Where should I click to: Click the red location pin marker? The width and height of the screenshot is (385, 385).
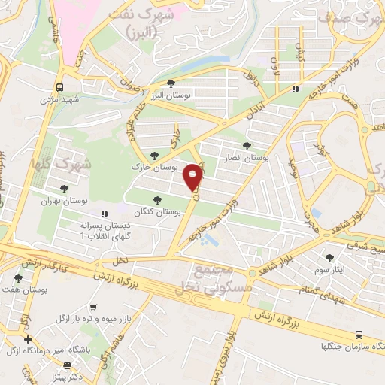(x=193, y=177)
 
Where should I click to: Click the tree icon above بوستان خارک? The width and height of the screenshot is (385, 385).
(x=154, y=156)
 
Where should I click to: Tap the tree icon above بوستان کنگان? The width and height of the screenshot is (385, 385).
(x=156, y=200)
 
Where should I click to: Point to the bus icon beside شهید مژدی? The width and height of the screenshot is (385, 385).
(x=59, y=86)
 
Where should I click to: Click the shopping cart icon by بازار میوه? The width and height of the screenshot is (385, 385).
(x=93, y=307)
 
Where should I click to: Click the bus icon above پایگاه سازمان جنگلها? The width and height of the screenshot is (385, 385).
(x=359, y=335)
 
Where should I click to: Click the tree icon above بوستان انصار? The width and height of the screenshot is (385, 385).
(x=248, y=145)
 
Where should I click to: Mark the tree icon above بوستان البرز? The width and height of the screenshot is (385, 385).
(x=172, y=83)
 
